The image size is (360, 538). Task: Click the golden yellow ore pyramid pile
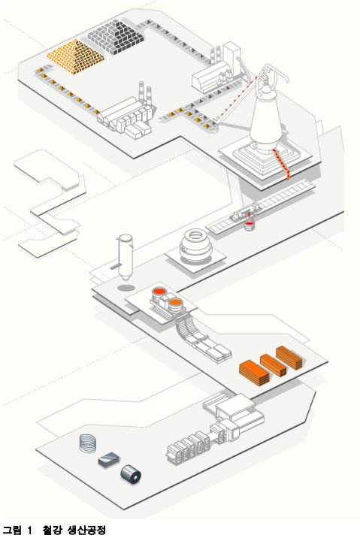[75, 56]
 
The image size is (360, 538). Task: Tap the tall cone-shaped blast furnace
[266, 113]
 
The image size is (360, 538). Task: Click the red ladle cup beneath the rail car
[250, 225]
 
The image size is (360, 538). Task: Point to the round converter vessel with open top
[195, 245]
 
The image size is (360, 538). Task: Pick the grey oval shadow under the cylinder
[126, 288]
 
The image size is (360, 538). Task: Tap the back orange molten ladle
[160, 292]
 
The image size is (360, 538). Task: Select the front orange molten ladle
[175, 303]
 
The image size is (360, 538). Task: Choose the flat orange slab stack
[254, 373]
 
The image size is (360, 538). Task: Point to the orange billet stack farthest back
[289, 358]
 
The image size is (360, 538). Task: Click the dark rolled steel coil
[131, 474]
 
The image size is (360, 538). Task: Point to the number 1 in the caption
[29, 530]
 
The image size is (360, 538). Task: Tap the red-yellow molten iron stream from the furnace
[282, 165]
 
